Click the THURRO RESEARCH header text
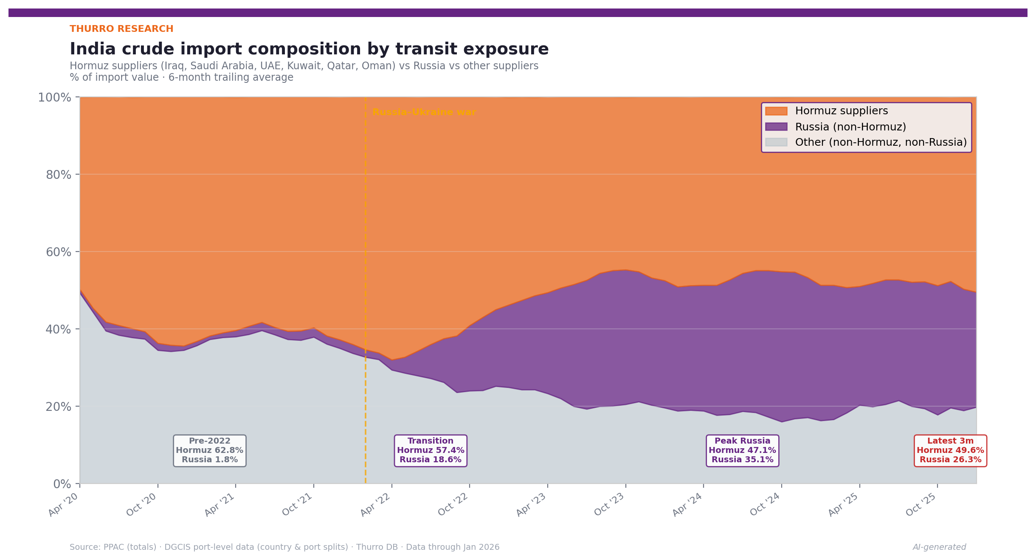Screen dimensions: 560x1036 pos(121,29)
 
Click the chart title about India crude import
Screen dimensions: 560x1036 pos(309,49)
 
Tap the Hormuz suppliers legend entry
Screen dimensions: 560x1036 pos(841,111)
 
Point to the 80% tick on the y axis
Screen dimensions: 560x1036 pos(59,175)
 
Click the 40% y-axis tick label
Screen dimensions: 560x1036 pos(59,329)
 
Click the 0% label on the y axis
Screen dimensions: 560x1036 pos(62,484)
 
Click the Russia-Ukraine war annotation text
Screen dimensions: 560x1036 pos(424,112)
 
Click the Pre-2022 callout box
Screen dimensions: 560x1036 pos(209,450)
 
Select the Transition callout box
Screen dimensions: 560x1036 pos(430,450)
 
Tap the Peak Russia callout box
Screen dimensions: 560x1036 pos(742,450)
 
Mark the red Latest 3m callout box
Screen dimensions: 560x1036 pos(950,450)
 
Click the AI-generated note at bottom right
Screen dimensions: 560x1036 pos(939,547)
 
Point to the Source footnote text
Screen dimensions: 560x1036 pos(284,547)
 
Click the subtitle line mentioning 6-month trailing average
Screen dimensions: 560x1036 pos(181,77)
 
